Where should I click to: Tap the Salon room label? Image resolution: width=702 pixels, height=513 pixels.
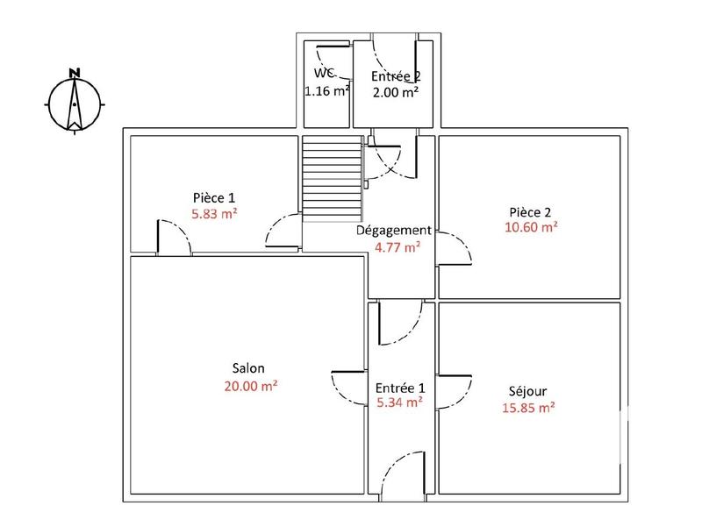pyautogui.click(x=248, y=368)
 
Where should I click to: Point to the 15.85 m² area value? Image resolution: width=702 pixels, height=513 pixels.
pyautogui.click(x=528, y=407)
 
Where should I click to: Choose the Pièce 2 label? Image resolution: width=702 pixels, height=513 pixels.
pyautogui.click(x=529, y=211)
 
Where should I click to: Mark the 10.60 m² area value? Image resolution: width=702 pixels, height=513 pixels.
pyautogui.click(x=532, y=227)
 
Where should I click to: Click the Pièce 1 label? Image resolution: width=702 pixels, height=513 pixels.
pyautogui.click(x=214, y=197)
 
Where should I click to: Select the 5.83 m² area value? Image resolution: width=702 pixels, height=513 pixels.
pyautogui.click(x=215, y=213)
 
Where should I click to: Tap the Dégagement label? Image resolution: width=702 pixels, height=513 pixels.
pyautogui.click(x=393, y=231)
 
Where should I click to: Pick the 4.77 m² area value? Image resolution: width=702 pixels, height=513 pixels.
pyautogui.click(x=398, y=246)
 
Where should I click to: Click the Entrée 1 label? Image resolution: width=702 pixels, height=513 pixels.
pyautogui.click(x=399, y=388)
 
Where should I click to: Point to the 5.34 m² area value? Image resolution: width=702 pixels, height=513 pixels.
pyautogui.click(x=399, y=403)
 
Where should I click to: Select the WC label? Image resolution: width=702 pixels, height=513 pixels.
pyautogui.click(x=325, y=75)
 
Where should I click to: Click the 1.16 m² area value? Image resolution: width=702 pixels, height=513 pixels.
pyautogui.click(x=327, y=90)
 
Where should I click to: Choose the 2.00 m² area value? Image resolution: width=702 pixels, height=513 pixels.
pyautogui.click(x=396, y=91)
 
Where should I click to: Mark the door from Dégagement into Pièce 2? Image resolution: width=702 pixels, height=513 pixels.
pyautogui.click(x=454, y=247)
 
